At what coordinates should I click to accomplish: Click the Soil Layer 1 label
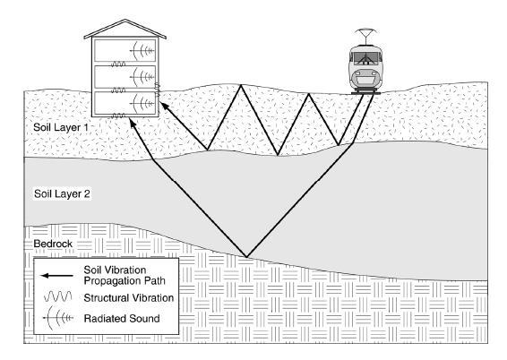pyautogui.click(x=61, y=127)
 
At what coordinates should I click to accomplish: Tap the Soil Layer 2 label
pyautogui.click(x=62, y=194)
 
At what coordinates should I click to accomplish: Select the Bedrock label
pyautogui.click(x=53, y=244)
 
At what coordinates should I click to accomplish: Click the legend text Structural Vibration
pyautogui.click(x=129, y=298)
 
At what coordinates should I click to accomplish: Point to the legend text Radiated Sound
pyautogui.click(x=122, y=319)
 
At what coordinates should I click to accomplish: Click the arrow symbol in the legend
pyautogui.click(x=57, y=276)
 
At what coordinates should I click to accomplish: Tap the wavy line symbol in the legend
pyautogui.click(x=58, y=296)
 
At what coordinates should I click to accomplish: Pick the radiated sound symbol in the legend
pyautogui.click(x=57, y=318)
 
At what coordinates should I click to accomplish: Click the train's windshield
pyautogui.click(x=366, y=58)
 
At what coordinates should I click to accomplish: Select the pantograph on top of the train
pyautogui.click(x=365, y=36)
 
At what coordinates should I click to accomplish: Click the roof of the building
pyautogui.click(x=125, y=29)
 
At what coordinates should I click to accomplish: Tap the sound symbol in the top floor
pyautogui.click(x=142, y=51)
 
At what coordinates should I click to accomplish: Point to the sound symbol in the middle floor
pyautogui.click(x=142, y=77)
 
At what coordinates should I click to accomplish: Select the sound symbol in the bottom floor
pyautogui.click(x=142, y=103)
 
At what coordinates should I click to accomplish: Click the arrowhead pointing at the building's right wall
pyautogui.click(x=165, y=106)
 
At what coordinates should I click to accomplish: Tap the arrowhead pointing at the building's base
pyautogui.click(x=133, y=123)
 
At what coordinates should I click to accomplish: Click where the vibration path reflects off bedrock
pyautogui.click(x=246, y=257)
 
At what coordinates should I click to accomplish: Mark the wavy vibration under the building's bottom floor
pyautogui.click(x=118, y=116)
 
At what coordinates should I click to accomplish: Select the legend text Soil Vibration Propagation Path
pyautogui.click(x=125, y=275)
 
